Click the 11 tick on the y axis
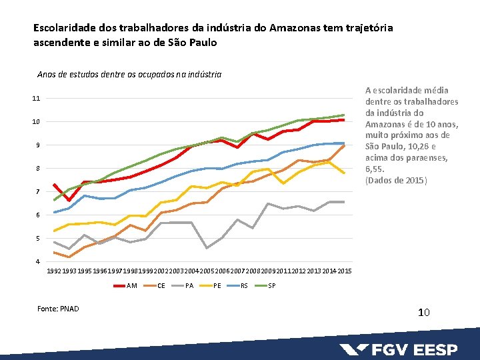36,99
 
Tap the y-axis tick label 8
37,169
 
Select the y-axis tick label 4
37,261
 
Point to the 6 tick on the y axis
37,215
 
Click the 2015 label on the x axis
345,271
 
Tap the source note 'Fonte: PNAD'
59,309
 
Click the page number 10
424,312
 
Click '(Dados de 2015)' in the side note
396,181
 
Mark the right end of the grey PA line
344,201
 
